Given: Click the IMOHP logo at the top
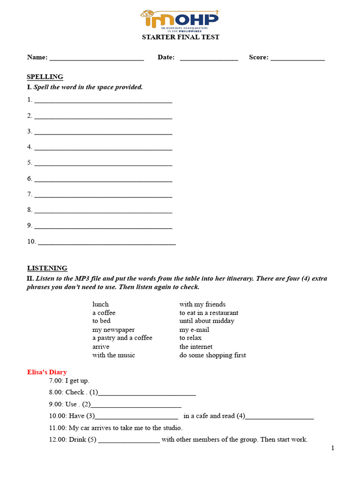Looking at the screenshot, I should pos(180,20).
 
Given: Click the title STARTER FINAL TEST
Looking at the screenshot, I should pos(180,37).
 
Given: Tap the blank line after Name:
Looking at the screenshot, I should pos(96,58).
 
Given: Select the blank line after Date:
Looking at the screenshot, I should pos(209,58).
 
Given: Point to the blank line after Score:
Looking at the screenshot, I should pos(298,58).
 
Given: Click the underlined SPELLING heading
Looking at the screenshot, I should pos(45,77).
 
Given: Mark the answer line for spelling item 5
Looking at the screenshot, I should pos(103,164).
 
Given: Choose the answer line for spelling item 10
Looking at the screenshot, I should pos(106,242).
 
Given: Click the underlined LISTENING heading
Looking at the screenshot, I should pos(47,268).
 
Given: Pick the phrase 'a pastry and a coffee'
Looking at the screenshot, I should pos(122,338).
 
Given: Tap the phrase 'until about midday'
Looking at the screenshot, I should pos(207,321).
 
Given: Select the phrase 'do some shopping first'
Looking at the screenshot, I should pos(212,355).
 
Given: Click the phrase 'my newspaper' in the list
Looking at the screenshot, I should pos(113,330).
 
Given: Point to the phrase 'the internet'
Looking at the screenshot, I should pos(196,347).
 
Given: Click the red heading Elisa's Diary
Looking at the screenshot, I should pos(47,372).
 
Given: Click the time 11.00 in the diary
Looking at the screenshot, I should pos(58,428).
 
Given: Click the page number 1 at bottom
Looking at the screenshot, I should pos(333,449).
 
